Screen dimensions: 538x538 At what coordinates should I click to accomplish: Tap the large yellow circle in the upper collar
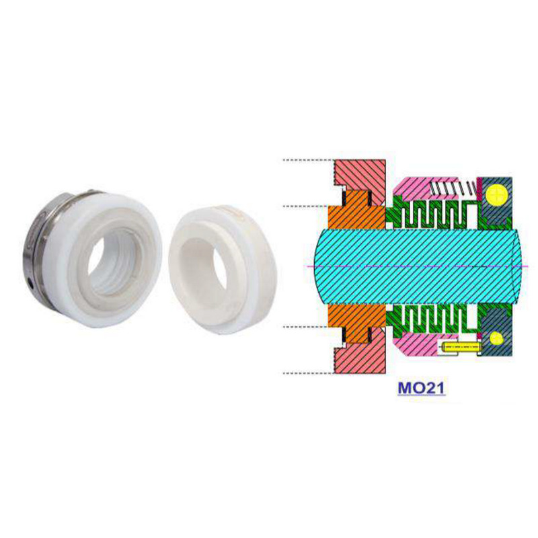pyautogui.click(x=497, y=195)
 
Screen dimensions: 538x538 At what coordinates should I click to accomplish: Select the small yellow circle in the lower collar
pyautogui.click(x=497, y=338)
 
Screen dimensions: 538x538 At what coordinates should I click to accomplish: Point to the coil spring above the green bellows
pyautogui.click(x=453, y=188)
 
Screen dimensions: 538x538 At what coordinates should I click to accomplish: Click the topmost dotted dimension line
pyautogui.click(x=308, y=160)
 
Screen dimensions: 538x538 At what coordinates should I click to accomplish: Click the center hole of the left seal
pyautogui.click(x=111, y=259)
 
